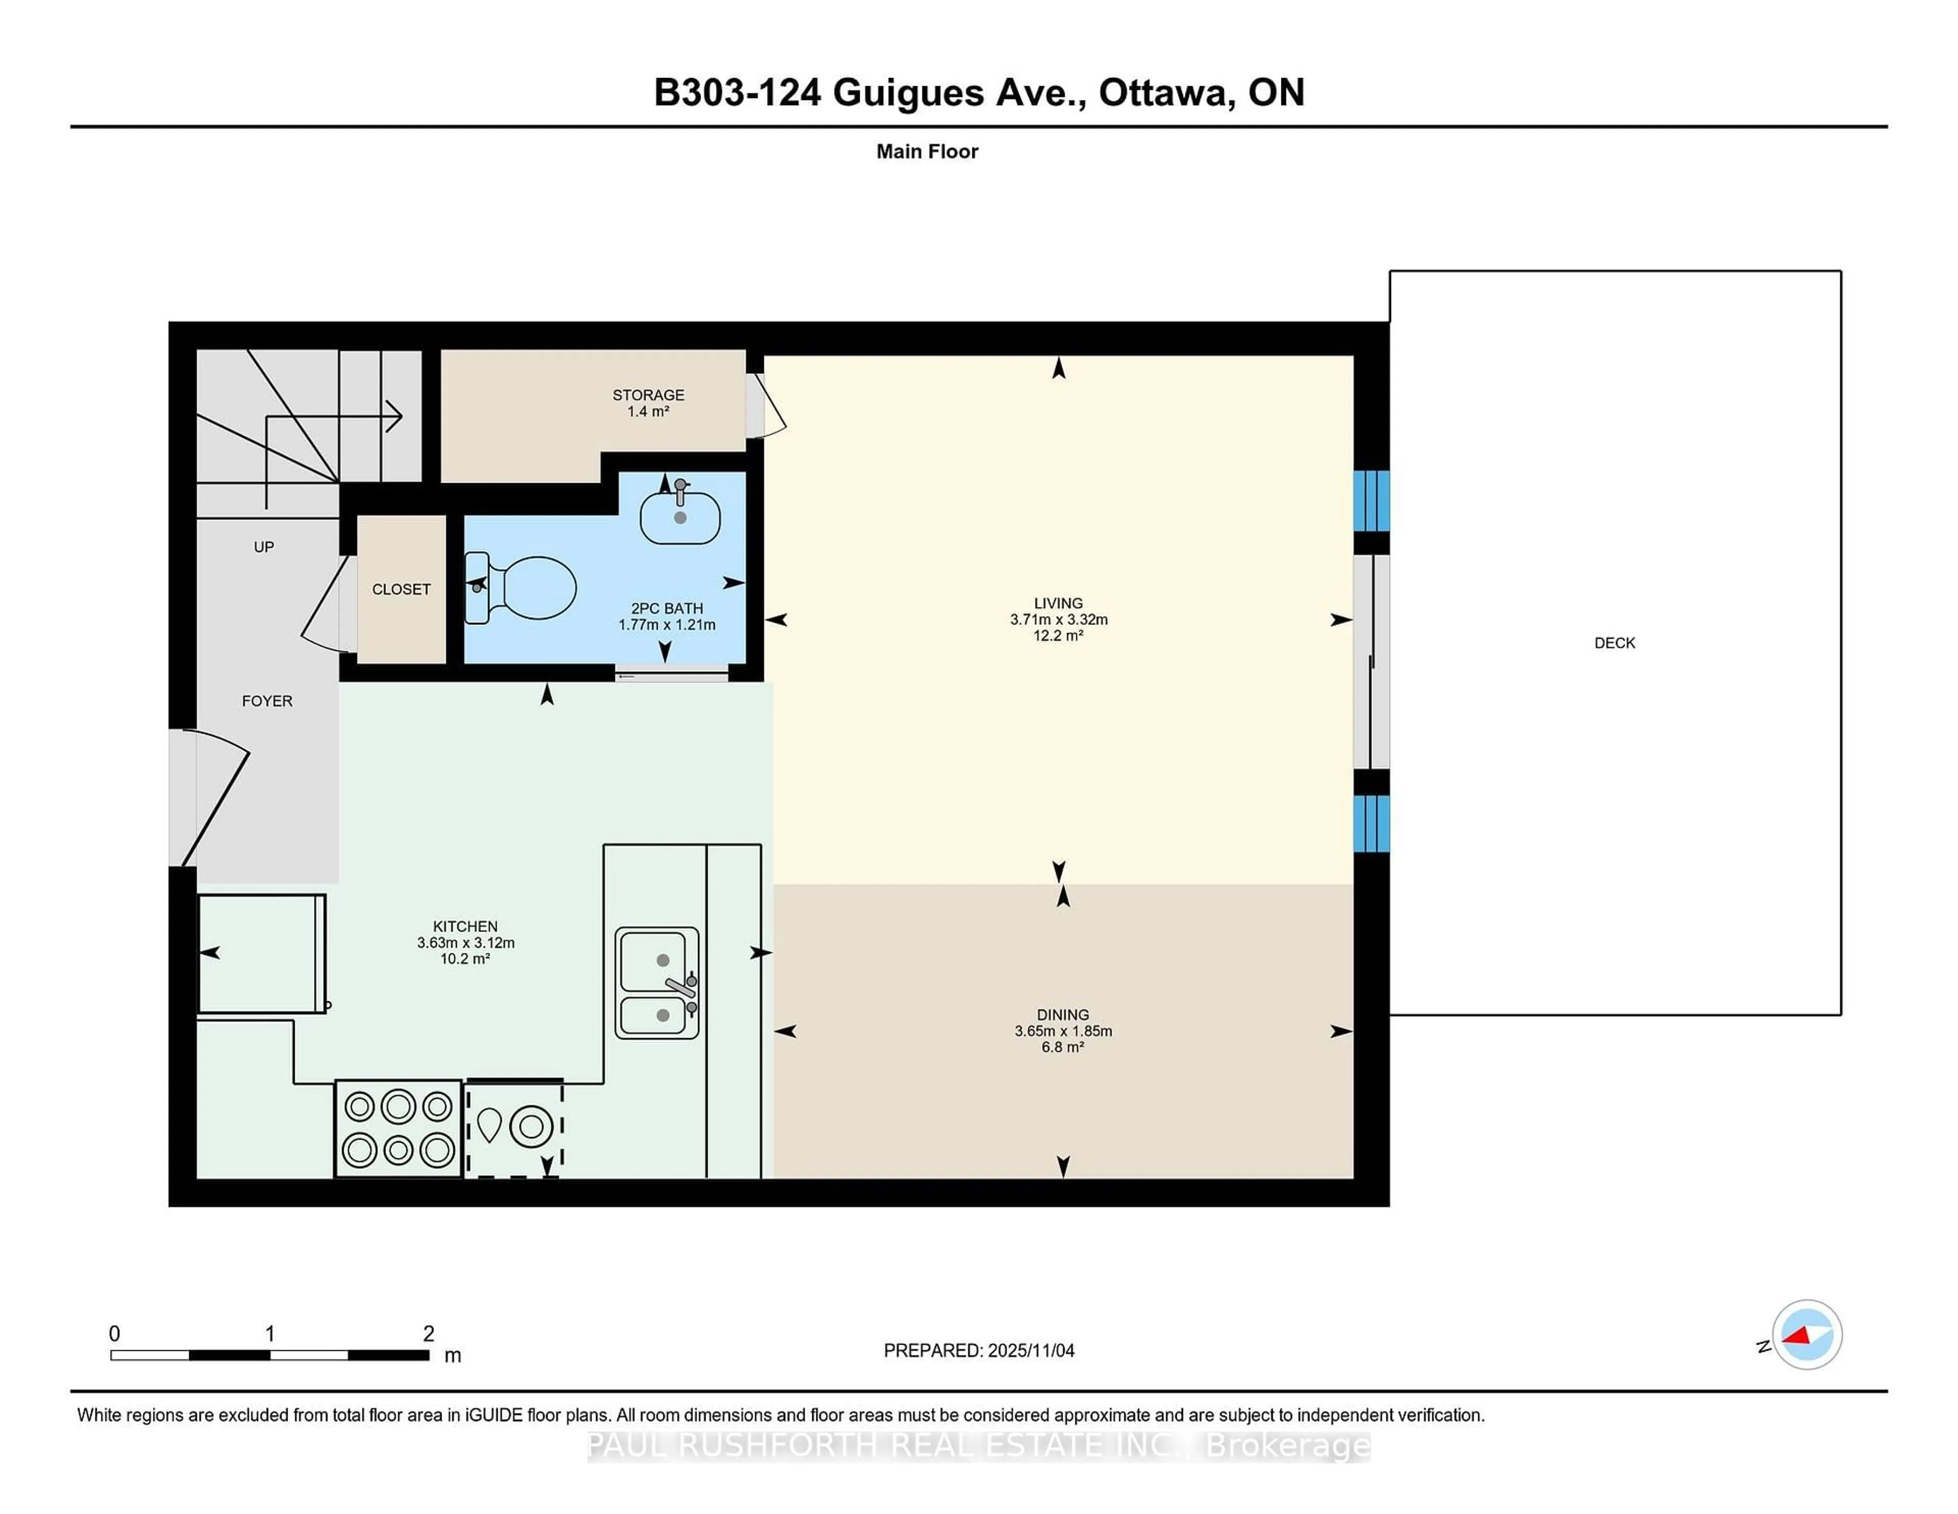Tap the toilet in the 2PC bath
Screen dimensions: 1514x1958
(529, 588)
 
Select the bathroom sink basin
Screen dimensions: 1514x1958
(680, 518)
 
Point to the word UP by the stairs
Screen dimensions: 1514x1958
(264, 547)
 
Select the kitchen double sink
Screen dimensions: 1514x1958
(657, 983)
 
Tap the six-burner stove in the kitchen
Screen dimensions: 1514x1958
(398, 1128)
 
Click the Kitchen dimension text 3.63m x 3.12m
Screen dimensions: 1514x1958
(466, 943)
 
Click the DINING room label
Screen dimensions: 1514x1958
(1063, 1015)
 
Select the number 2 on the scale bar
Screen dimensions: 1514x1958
(428, 1334)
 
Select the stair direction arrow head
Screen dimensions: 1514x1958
(395, 416)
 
